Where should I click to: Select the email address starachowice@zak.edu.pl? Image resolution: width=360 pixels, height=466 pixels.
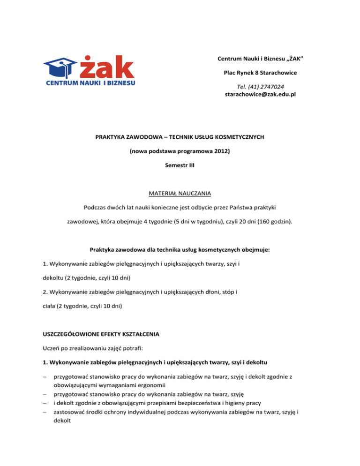point(261,94)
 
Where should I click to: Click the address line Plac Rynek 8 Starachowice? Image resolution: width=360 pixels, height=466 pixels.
point(260,73)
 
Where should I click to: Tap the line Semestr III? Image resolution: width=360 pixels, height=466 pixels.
point(180,166)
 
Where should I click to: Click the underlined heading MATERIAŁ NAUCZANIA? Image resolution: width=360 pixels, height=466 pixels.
point(180,193)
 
